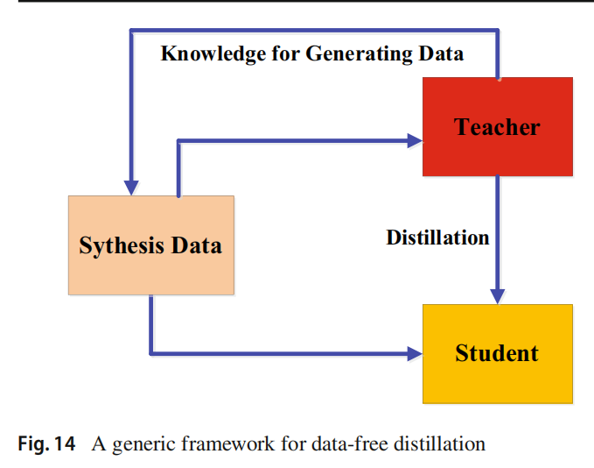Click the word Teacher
pos(497,127)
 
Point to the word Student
pos(497,353)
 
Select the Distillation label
pos(437,237)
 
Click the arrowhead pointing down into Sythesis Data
pos(131,187)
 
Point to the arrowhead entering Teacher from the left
pos(414,138)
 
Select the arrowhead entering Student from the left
pos(414,354)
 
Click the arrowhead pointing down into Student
pos(498,295)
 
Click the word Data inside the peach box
pos(195,245)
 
